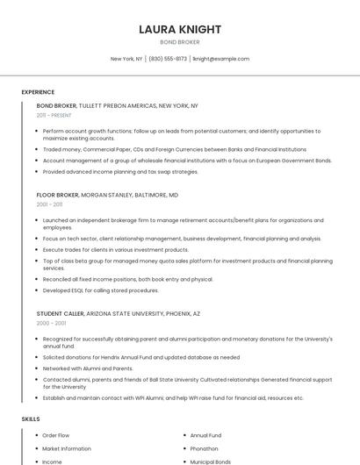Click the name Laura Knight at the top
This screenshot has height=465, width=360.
point(180,29)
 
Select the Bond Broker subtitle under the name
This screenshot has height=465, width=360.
point(180,42)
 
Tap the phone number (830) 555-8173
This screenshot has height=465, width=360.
point(168,59)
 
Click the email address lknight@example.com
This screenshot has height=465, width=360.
point(221,59)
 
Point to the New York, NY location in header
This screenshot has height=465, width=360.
point(126,59)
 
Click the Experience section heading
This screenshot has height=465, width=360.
point(38,92)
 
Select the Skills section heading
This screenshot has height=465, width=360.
point(31,419)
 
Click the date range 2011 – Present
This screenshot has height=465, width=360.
point(54,115)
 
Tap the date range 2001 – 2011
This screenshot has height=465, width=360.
point(49,204)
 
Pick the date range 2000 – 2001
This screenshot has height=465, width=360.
point(51,323)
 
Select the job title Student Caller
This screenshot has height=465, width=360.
point(60,313)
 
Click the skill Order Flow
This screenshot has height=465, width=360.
point(55,435)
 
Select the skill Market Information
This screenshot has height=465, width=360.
point(67,448)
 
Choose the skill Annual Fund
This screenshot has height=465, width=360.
point(205,435)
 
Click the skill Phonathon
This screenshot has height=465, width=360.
point(205,448)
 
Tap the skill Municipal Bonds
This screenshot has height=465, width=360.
point(211,461)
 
